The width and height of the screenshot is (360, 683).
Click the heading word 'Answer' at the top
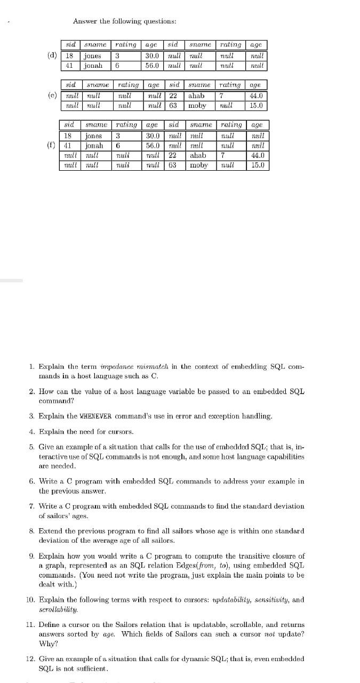tap(84, 21)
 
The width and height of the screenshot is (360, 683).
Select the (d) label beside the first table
tap(53, 55)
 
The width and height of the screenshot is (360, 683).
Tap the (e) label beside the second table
tap(53, 96)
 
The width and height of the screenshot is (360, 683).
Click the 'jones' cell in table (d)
tap(93, 56)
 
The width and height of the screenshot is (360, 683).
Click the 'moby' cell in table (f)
tap(199, 165)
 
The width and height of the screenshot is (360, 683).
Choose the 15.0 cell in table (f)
tap(258, 165)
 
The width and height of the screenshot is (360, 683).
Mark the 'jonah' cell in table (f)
tap(95, 146)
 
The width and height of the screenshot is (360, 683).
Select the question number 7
tap(33, 506)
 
